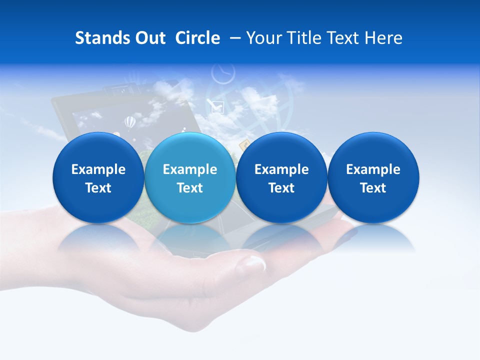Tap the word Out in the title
[148, 38]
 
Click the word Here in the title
[384, 38]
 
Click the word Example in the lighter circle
[190, 169]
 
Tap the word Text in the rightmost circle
[373, 188]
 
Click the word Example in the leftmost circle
[98, 169]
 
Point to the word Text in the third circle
[281, 188]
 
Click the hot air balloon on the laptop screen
[129, 121]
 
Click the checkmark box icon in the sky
[217, 106]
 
